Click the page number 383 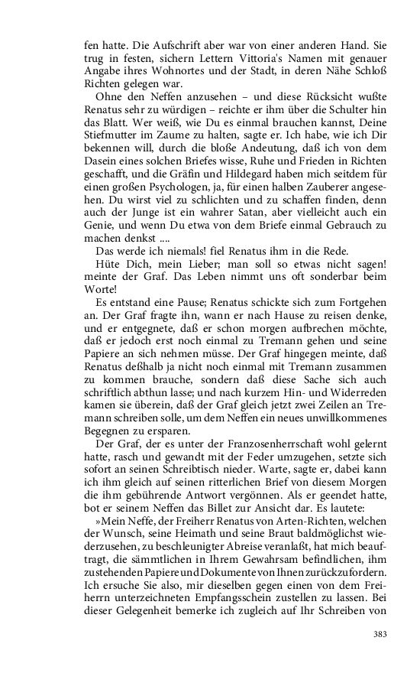pyautogui.click(x=380, y=634)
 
